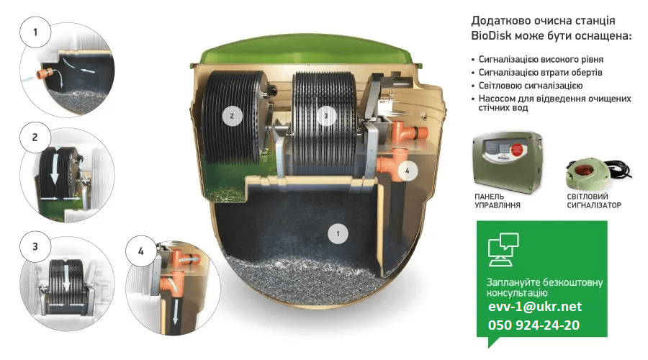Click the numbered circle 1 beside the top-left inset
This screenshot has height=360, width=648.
35,32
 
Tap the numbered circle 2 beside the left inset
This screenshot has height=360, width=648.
35,138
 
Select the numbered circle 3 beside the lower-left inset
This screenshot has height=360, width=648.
35,246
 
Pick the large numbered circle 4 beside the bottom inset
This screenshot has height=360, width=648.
141,251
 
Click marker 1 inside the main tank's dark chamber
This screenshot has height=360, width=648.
338,233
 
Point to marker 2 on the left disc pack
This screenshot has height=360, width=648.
232,116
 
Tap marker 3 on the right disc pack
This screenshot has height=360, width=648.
325,116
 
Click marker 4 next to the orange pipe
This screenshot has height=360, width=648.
407,171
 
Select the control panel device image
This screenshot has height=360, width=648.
507,161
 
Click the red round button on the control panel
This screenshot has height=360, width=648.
517,150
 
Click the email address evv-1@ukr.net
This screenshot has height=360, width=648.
535,306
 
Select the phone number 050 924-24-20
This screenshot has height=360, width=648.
534,325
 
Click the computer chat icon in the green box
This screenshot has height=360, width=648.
503,250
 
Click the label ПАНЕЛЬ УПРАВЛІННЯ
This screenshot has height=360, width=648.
497,201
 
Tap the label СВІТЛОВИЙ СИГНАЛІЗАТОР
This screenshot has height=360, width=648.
594,201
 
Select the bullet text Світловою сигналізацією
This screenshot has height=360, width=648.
531,86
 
